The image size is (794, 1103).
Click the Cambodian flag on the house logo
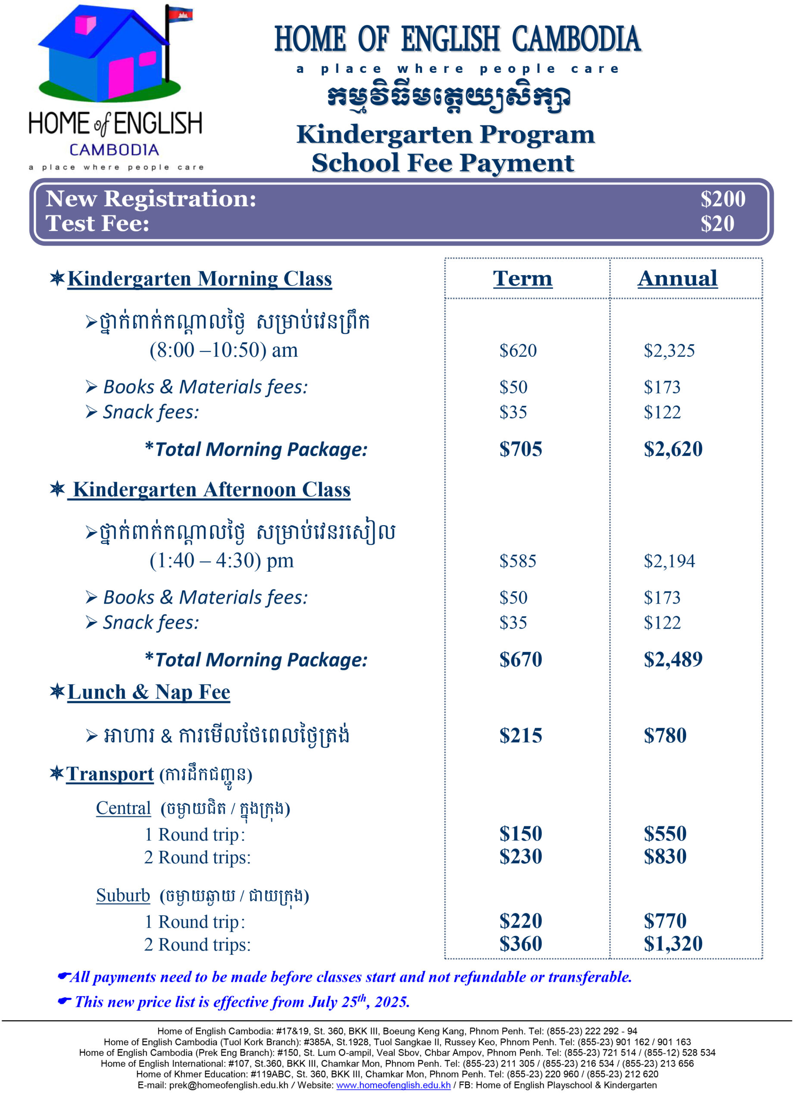(x=181, y=15)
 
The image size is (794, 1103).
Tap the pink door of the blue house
(x=121, y=77)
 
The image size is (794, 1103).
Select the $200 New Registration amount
(x=722, y=199)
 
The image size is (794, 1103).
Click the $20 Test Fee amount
(x=717, y=223)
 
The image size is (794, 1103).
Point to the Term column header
(x=522, y=278)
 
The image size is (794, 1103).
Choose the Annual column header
(x=677, y=278)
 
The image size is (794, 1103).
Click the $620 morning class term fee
(x=518, y=350)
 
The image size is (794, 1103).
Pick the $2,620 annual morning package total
(x=673, y=449)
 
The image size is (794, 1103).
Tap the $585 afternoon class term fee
(x=518, y=561)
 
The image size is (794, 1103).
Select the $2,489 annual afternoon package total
(x=673, y=659)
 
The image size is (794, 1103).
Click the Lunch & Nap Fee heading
(x=148, y=692)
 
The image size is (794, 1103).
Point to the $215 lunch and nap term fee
(x=521, y=735)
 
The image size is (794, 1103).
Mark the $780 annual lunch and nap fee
(x=665, y=735)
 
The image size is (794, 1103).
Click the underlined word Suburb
(x=123, y=895)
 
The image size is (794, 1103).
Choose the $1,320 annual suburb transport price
(x=673, y=944)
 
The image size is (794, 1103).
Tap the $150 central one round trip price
(x=521, y=834)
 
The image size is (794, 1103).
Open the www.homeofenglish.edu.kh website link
(x=393, y=1085)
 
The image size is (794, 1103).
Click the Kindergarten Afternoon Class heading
(x=211, y=489)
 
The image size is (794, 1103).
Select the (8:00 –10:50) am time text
(x=223, y=350)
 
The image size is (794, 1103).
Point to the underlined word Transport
(x=110, y=773)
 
